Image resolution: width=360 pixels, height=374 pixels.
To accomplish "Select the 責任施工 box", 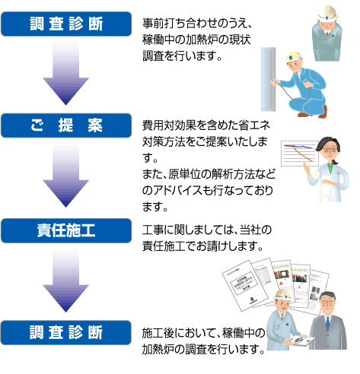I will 66,230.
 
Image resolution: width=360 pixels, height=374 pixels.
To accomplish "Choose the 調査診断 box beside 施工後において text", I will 66,332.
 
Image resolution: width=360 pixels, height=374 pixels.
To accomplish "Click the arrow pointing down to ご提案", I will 66,74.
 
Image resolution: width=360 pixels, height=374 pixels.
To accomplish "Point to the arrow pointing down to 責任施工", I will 66,177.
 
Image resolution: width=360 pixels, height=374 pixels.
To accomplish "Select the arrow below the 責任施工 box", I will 66,280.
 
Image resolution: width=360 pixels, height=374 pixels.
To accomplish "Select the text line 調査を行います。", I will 182,56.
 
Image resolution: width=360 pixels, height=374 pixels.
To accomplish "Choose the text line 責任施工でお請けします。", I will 202,246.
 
